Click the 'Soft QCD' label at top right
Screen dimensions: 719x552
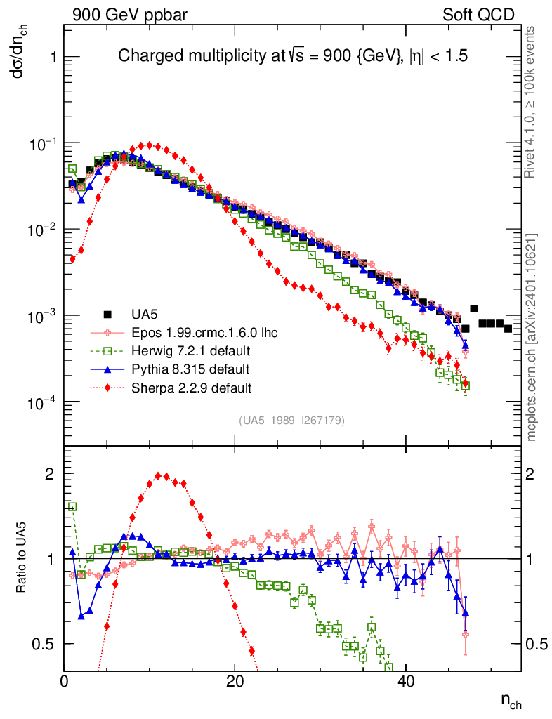point(479,15)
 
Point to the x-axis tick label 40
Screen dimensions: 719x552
point(405,681)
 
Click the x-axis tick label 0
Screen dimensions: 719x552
point(65,681)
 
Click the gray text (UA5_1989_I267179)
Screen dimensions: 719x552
point(291,421)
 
